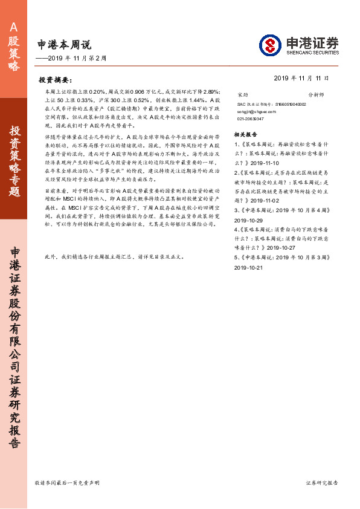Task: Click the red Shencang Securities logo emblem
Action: (270, 45)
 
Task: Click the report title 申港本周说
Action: (64, 44)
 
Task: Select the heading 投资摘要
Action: (55, 79)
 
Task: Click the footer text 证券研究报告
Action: (322, 483)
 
